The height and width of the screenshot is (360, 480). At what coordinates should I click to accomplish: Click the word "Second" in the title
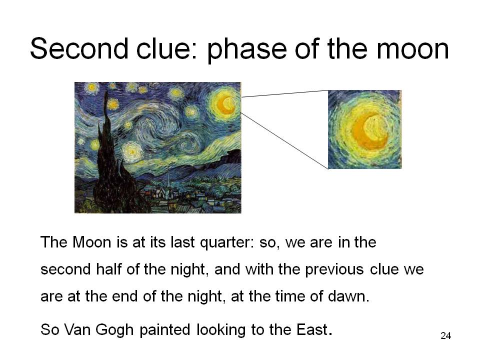click(79, 48)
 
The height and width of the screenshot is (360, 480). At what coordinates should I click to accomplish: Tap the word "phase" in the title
click(246, 51)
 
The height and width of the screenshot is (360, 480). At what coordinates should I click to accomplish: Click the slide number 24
click(445, 336)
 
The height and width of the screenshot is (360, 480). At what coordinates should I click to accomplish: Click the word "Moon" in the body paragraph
click(92, 242)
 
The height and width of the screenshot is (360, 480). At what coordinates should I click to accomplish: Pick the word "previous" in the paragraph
click(334, 269)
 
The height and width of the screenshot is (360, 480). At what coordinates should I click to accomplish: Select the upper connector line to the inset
click(284, 93)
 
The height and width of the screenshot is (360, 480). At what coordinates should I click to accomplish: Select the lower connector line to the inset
click(284, 141)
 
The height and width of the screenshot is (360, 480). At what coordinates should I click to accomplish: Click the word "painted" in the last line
click(164, 330)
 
